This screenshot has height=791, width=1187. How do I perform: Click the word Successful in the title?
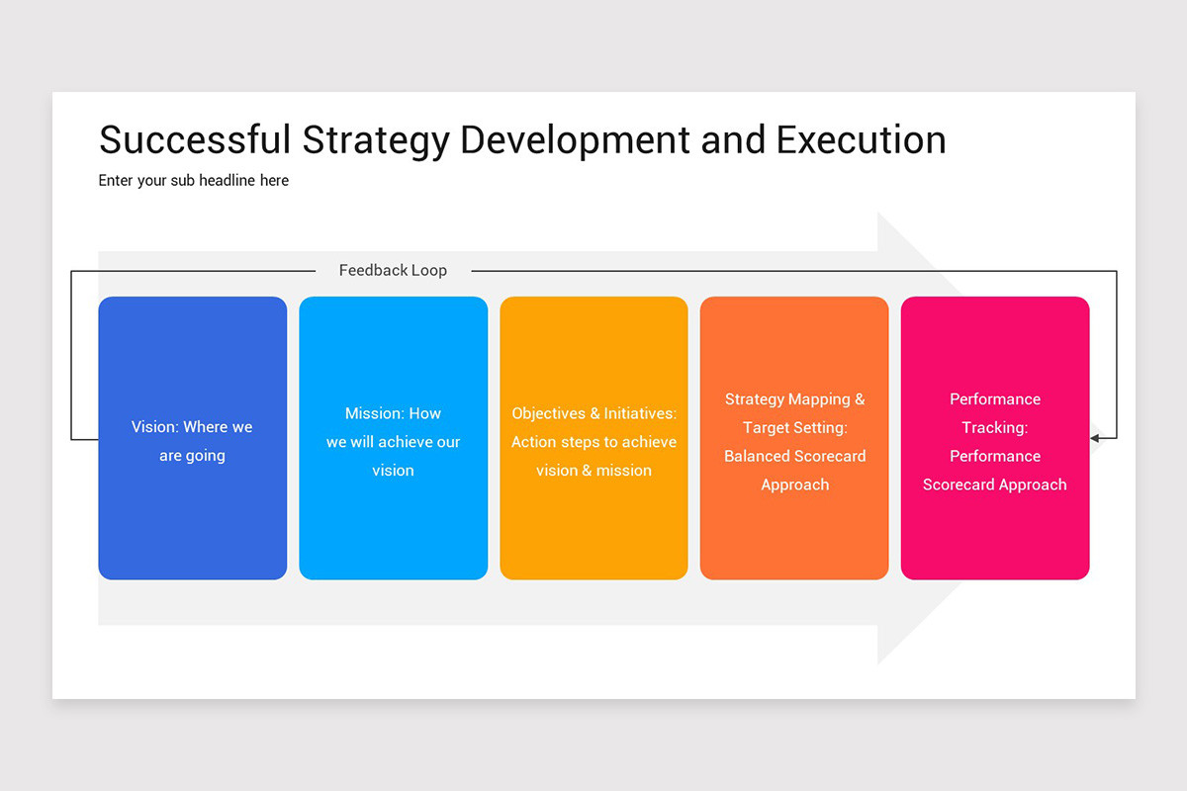coord(195,139)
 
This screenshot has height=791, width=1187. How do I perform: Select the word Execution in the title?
coord(861,139)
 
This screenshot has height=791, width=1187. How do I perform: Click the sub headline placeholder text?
coord(194,180)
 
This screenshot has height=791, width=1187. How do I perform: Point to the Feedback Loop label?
coord(393,270)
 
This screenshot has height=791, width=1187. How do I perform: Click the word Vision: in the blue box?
coord(155,427)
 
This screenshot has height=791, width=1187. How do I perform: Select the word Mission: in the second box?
coord(374,413)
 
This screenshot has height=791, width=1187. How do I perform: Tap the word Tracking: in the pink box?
coord(995,427)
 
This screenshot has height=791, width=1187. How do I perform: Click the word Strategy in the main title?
coord(375,139)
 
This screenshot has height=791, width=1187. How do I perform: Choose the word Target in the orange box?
coord(769,427)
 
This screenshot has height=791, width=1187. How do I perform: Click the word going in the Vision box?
coord(206,456)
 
